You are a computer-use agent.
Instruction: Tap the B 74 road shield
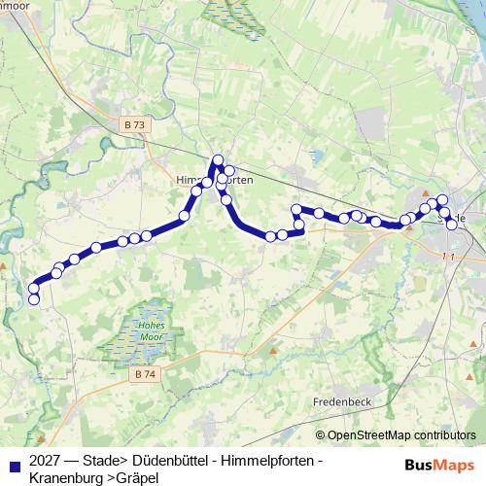tap(145, 374)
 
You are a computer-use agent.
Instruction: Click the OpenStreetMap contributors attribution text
tap(401, 434)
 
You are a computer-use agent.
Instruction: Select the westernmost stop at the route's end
tap(34, 299)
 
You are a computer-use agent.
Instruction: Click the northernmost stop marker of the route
tap(219, 160)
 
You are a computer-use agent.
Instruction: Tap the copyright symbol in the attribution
tap(321, 434)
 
